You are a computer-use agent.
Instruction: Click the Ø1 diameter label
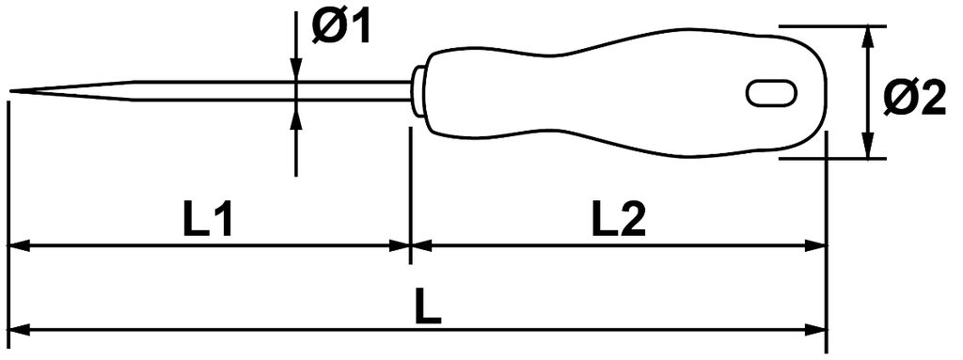coord(340,28)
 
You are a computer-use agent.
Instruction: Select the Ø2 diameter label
coord(914,99)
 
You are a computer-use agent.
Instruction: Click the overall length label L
coord(428,308)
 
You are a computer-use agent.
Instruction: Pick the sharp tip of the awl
coord(11,91)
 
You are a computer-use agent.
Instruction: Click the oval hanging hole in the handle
coord(772,93)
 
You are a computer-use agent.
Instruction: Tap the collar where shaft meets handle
coord(418,91)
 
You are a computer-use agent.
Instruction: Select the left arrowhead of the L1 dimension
coord(19,246)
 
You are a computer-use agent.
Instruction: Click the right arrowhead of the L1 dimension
coord(399,246)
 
